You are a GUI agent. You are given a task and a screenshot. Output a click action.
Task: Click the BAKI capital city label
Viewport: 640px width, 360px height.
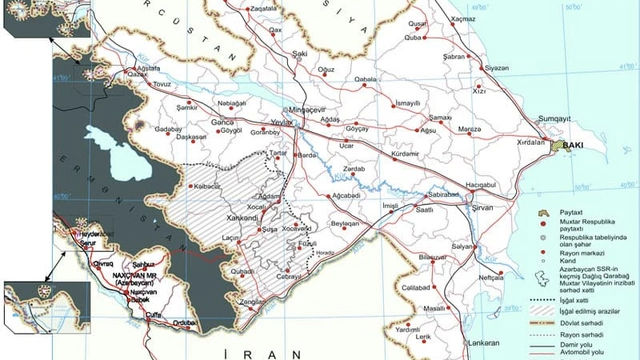tap(573, 145)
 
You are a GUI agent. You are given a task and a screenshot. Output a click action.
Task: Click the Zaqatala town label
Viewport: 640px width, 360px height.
tap(264, 7)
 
